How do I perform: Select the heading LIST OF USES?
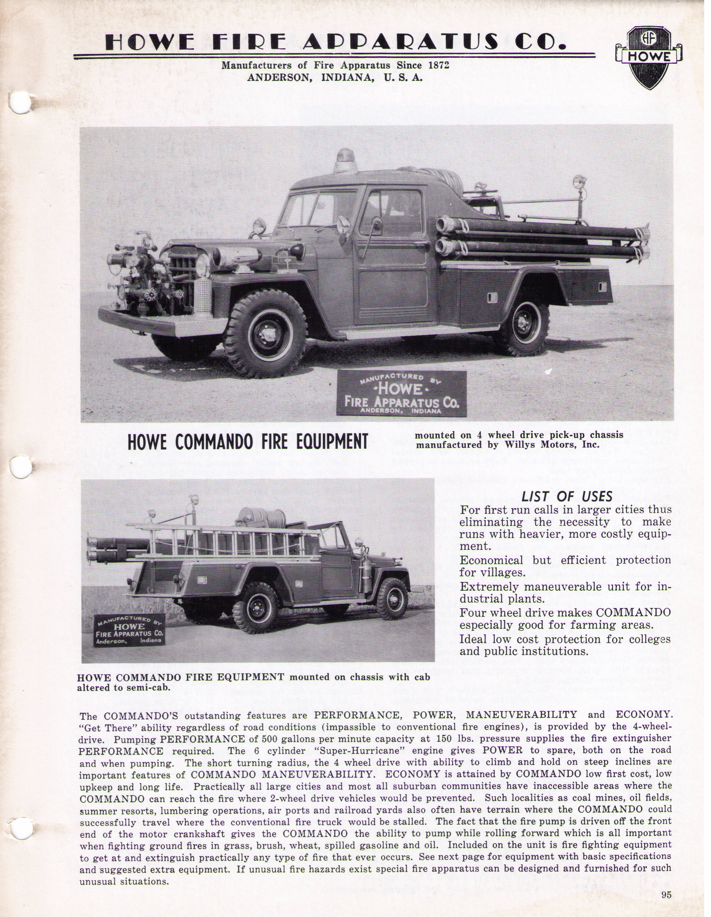point(567,497)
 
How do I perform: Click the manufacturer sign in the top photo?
point(401,393)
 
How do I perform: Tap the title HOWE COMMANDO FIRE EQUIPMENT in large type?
point(248,441)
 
